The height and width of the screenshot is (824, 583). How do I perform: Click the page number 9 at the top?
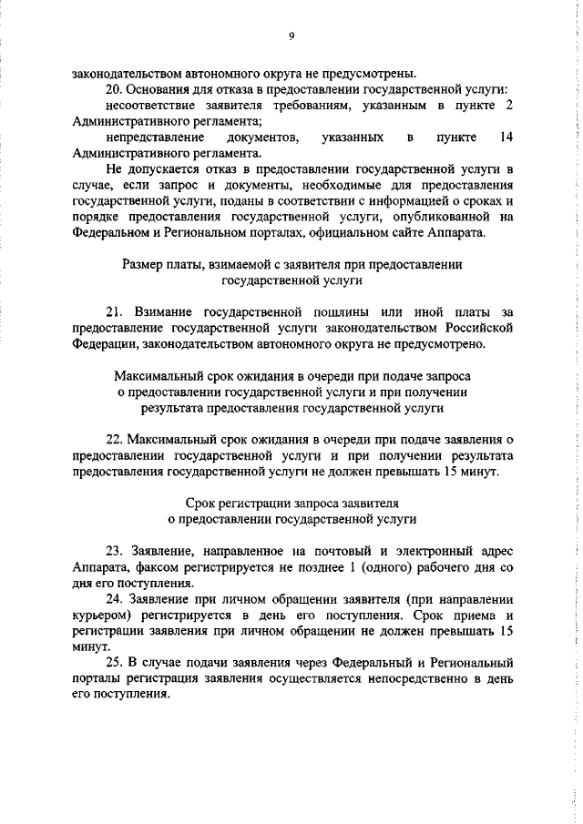point(291,36)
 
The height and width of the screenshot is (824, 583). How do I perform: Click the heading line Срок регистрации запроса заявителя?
point(291,503)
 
